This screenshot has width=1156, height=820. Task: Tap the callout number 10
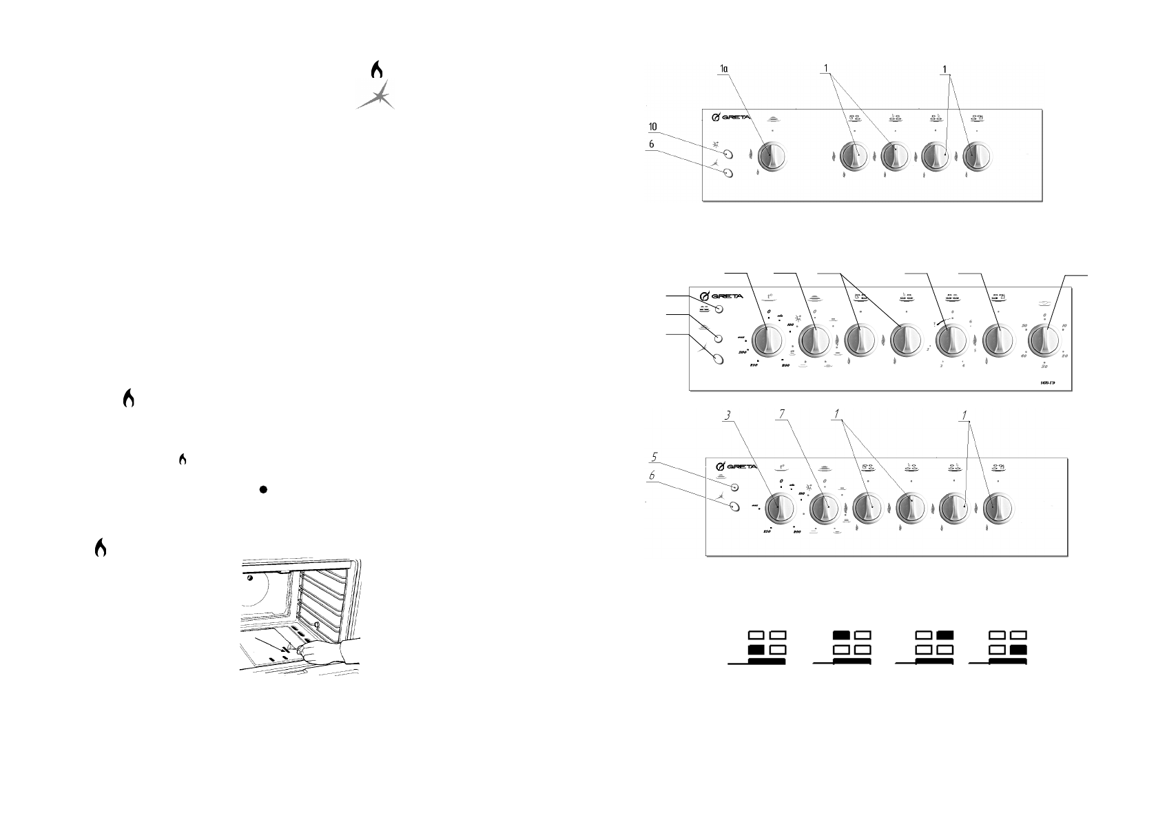pyautogui.click(x=652, y=127)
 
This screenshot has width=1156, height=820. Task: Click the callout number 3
pyautogui.click(x=727, y=416)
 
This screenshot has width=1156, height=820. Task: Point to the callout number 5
pyautogui.click(x=657, y=457)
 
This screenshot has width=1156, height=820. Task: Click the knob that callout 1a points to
pyautogui.click(x=771, y=158)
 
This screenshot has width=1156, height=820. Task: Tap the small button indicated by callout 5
pyautogui.click(x=734, y=486)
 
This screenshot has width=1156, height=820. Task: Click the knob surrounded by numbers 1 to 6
pyautogui.click(x=951, y=340)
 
